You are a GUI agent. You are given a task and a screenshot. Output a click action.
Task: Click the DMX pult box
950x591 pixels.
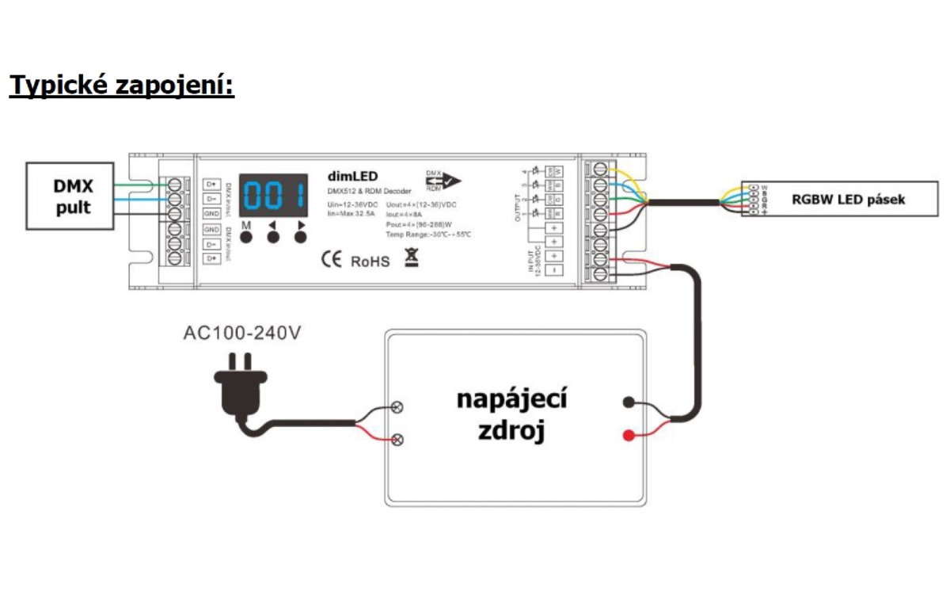(x=72, y=198)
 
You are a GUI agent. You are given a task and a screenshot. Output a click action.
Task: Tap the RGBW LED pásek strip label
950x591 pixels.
(x=848, y=200)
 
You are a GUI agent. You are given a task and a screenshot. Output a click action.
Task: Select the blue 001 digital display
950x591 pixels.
(x=274, y=194)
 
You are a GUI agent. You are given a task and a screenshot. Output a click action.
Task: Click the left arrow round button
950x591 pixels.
(x=274, y=237)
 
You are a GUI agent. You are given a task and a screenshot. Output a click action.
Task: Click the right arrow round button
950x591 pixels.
(x=302, y=237)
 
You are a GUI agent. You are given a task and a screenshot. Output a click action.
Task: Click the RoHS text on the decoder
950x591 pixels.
(x=370, y=261)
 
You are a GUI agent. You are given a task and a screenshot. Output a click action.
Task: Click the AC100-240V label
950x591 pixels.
(x=241, y=333)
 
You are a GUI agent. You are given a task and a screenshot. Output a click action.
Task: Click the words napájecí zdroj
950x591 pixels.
(x=511, y=415)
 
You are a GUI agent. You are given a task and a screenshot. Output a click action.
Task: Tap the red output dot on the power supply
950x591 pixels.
(x=629, y=435)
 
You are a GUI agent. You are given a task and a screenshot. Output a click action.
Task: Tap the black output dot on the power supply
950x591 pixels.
(x=629, y=402)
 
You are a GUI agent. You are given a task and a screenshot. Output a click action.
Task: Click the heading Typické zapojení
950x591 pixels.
(x=122, y=85)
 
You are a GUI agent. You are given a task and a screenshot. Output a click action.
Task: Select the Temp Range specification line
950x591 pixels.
(x=428, y=235)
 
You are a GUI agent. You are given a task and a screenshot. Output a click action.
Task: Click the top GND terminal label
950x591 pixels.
(x=211, y=214)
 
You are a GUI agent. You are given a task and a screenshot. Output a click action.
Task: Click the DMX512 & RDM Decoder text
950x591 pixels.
(x=369, y=192)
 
